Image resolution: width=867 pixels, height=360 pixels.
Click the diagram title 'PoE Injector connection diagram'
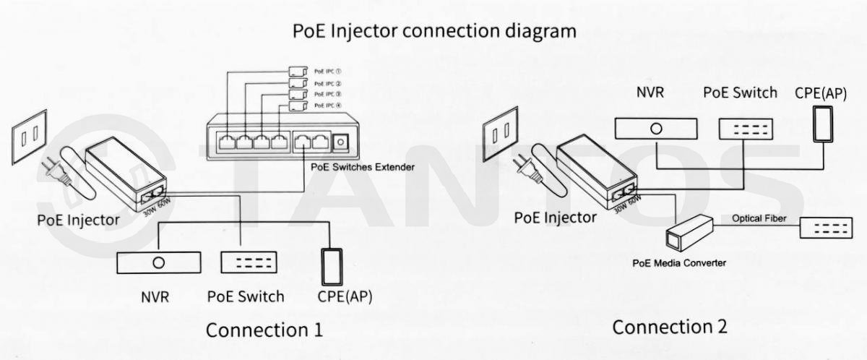434,32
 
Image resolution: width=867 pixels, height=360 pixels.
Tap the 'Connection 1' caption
264,330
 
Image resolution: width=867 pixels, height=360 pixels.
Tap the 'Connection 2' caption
669,327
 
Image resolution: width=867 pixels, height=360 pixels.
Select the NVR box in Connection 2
656,128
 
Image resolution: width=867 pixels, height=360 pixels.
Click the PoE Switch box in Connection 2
745,128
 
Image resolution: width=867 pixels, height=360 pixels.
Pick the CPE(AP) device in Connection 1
333,266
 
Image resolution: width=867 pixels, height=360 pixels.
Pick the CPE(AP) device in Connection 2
823,124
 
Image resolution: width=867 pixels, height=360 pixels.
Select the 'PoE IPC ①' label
327,72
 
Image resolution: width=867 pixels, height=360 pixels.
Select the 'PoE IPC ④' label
327,106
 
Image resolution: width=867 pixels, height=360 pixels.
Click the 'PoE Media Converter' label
679,263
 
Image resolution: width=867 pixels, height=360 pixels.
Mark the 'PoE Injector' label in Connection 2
556,217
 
